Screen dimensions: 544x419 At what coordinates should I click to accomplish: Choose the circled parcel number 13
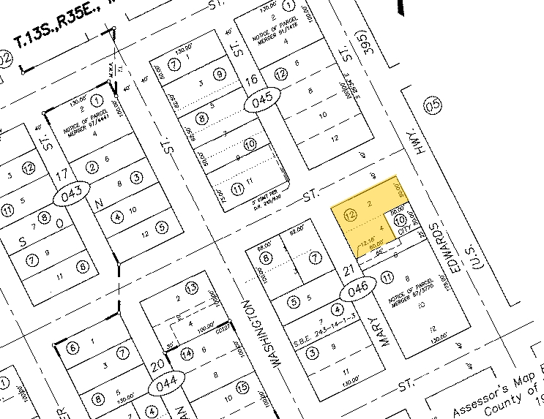(191, 287)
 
